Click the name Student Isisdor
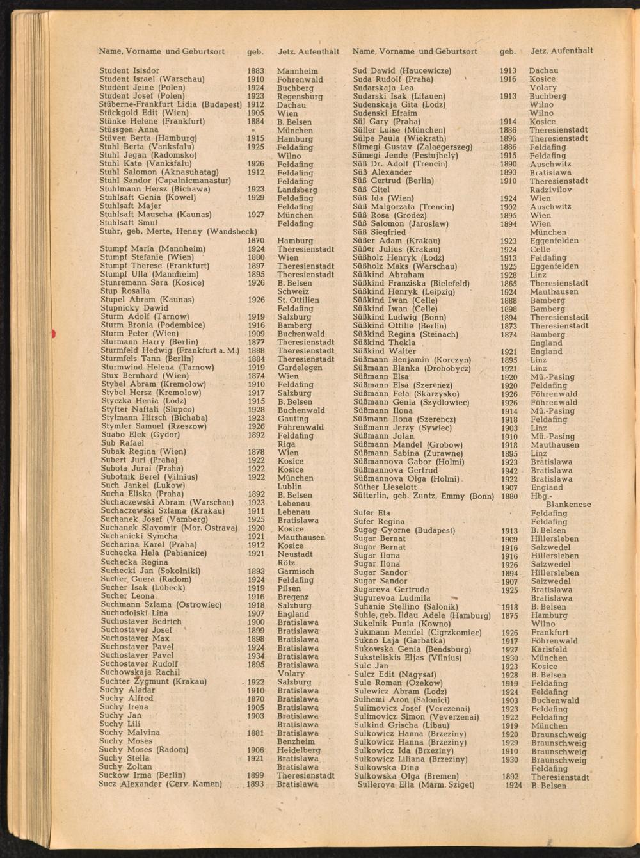(129, 70)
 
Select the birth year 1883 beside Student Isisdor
(255, 70)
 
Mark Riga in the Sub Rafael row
(287, 444)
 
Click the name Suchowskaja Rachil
(140, 672)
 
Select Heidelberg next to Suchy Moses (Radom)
(299, 750)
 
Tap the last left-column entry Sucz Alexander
(160, 784)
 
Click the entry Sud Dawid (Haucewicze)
(402, 70)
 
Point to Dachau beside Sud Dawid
(543, 70)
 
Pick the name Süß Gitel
(371, 190)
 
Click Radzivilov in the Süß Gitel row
(551, 190)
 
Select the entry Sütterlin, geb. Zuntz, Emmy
(423, 496)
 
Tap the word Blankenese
(569, 505)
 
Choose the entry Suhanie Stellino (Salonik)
(406, 606)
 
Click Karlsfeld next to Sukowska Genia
(549, 649)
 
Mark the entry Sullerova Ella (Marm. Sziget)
(416, 784)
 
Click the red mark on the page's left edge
(54, 332)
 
